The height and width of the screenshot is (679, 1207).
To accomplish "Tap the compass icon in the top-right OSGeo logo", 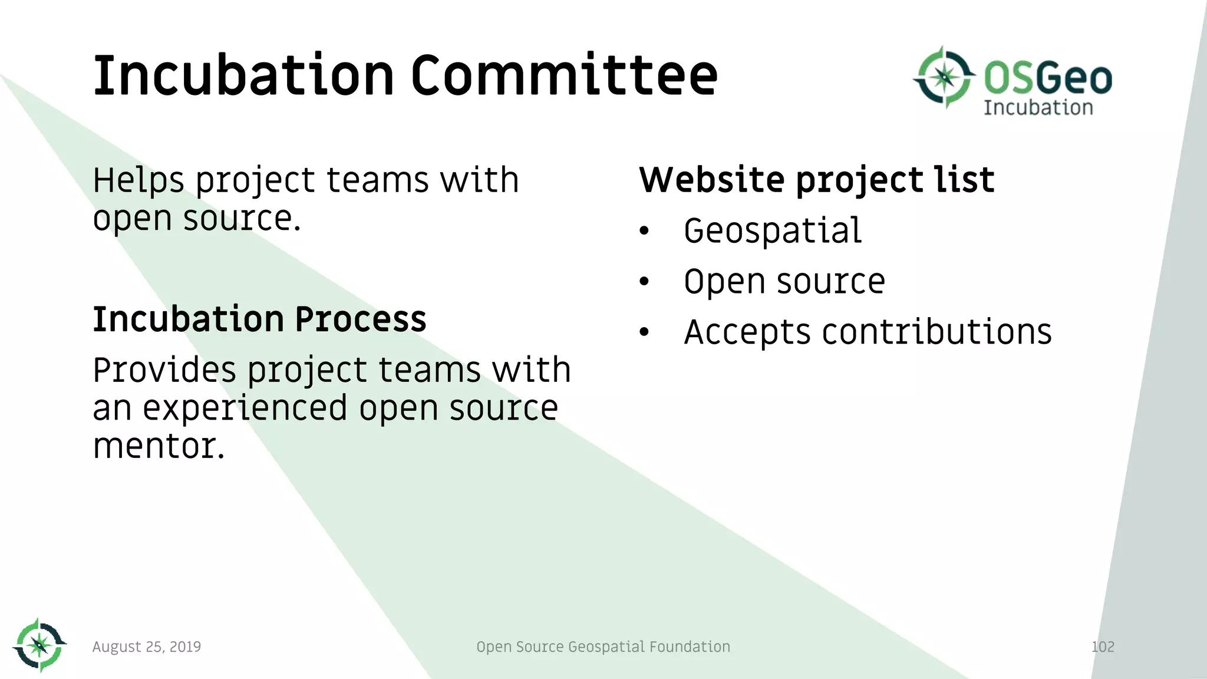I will (x=944, y=77).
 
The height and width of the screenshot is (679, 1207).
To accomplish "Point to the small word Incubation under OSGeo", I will (x=1038, y=108).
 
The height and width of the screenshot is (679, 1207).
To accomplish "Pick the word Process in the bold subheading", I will (x=360, y=319).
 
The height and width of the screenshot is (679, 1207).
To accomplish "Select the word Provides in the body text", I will (x=163, y=370).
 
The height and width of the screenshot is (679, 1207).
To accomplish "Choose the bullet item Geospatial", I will (x=773, y=230).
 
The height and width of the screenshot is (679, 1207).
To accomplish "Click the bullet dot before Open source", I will (x=644, y=282).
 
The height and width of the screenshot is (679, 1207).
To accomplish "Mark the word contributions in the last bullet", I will (x=936, y=332).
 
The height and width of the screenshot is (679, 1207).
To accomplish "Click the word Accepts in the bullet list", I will (x=747, y=332).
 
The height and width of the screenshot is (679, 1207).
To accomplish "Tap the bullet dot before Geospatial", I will (x=644, y=231).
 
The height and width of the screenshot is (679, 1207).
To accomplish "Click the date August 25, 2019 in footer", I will (x=147, y=647).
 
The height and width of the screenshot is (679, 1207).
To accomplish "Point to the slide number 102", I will (x=1103, y=647).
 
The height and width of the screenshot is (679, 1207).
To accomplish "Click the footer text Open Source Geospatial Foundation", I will (x=603, y=647).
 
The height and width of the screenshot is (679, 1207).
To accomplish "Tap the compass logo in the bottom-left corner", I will (x=39, y=645).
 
